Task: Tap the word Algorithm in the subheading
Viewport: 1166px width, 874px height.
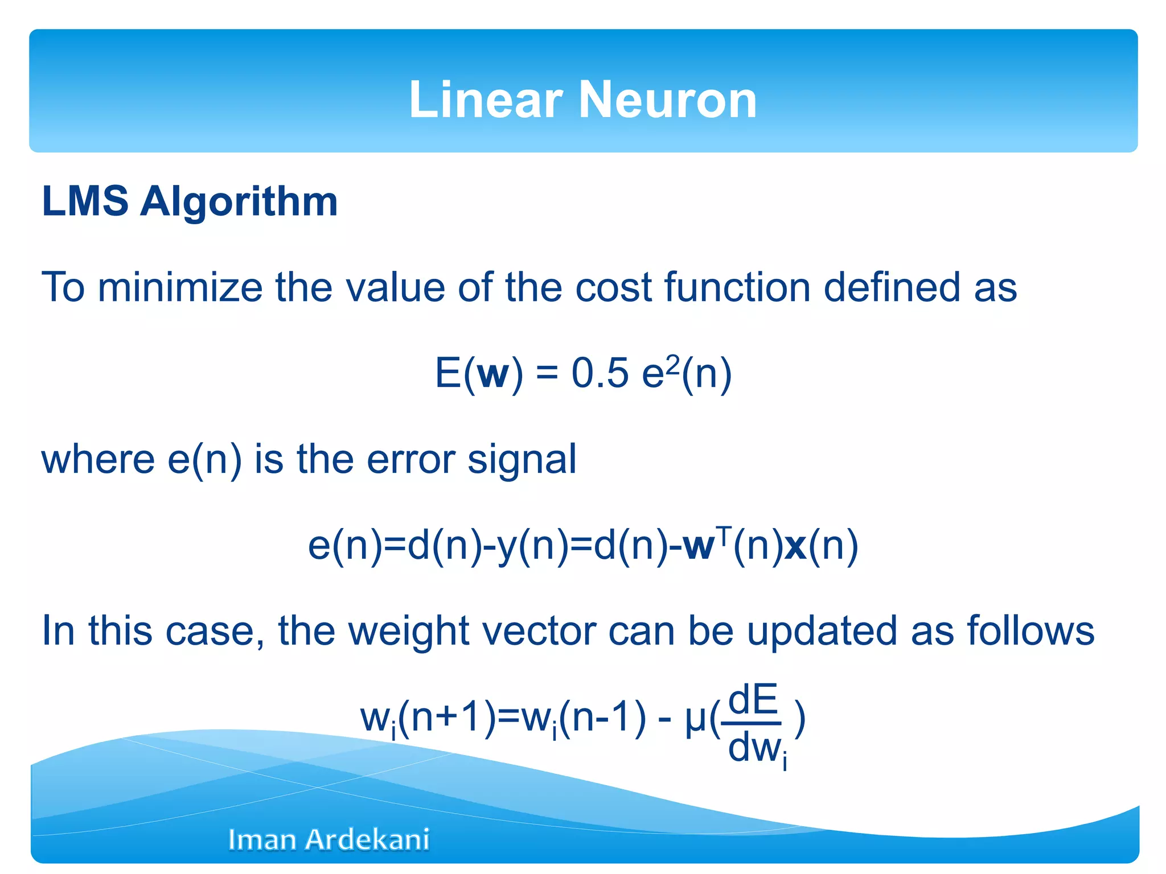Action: tap(239, 203)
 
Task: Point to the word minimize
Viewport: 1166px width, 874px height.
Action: tap(180, 287)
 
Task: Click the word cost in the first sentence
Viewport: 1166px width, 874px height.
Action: tap(613, 288)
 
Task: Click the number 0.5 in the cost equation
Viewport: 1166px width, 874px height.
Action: tap(600, 374)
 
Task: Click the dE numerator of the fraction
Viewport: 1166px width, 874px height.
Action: tap(753, 700)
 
